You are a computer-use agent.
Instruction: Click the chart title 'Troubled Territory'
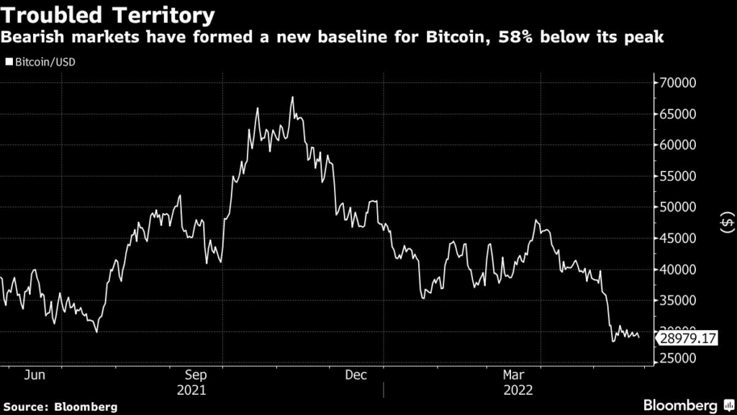pos(109,15)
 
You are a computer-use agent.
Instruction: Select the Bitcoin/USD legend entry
pos(40,62)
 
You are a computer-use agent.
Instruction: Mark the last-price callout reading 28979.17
pos(688,336)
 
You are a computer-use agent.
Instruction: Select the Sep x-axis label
pos(196,375)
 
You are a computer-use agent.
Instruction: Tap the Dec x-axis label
pos(356,375)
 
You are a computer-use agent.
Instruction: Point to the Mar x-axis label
pos(513,375)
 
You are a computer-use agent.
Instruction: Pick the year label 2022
pos(517,391)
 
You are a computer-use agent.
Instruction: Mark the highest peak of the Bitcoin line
pos(292,97)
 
